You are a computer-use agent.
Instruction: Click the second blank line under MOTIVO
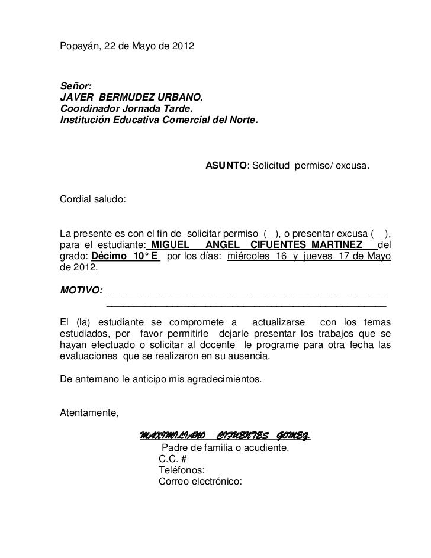click(x=246, y=305)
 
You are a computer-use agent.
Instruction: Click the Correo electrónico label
click(x=200, y=482)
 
